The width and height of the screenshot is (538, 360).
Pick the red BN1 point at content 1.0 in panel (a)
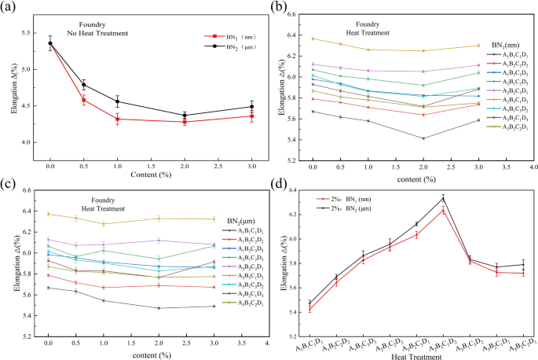[x=118, y=119]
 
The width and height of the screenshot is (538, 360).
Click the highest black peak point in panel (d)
[x=444, y=197]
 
